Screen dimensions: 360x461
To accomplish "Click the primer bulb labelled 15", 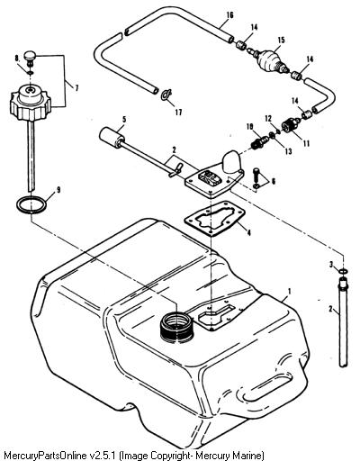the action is tap(271, 60).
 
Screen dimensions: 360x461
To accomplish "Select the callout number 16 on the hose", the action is tap(229, 15).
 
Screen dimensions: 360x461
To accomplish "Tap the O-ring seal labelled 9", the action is tap(31, 204).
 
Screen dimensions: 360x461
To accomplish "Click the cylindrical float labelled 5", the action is tap(112, 138).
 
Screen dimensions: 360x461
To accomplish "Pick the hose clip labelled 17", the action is tap(166, 95).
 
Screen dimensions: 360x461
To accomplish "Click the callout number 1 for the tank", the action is tap(289, 291).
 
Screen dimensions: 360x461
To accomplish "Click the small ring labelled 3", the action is tap(343, 271).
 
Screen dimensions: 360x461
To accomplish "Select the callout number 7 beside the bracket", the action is tap(76, 88).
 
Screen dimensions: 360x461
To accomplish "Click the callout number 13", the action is tap(288, 151).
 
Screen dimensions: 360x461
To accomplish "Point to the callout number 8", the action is tap(17, 58).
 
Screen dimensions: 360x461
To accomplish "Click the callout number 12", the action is tap(268, 119).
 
